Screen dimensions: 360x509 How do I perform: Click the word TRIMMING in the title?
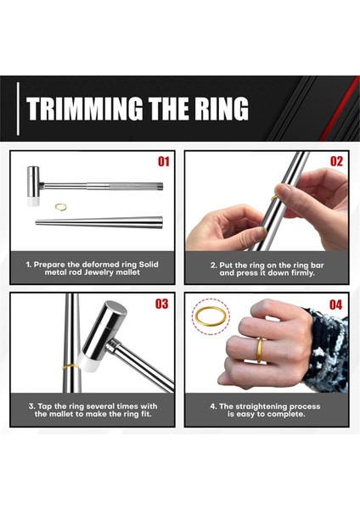(x=84, y=108)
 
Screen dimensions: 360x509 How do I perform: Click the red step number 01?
(x=163, y=161)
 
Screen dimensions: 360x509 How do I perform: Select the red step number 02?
(x=336, y=161)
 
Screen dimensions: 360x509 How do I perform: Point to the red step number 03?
(x=162, y=304)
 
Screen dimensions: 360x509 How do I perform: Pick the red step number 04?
(x=336, y=305)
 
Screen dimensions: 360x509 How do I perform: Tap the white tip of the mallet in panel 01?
(x=33, y=201)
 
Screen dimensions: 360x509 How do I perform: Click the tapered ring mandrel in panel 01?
(x=98, y=222)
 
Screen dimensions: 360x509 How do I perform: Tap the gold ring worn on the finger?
(x=260, y=350)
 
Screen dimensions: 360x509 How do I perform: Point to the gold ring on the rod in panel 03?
(x=70, y=366)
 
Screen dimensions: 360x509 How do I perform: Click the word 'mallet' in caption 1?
(x=127, y=272)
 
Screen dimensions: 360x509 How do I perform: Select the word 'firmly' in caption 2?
(x=303, y=273)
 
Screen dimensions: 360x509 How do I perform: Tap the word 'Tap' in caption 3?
(x=44, y=406)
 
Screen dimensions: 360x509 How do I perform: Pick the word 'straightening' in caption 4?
(x=262, y=406)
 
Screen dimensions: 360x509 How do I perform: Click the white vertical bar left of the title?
(x=18, y=109)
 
